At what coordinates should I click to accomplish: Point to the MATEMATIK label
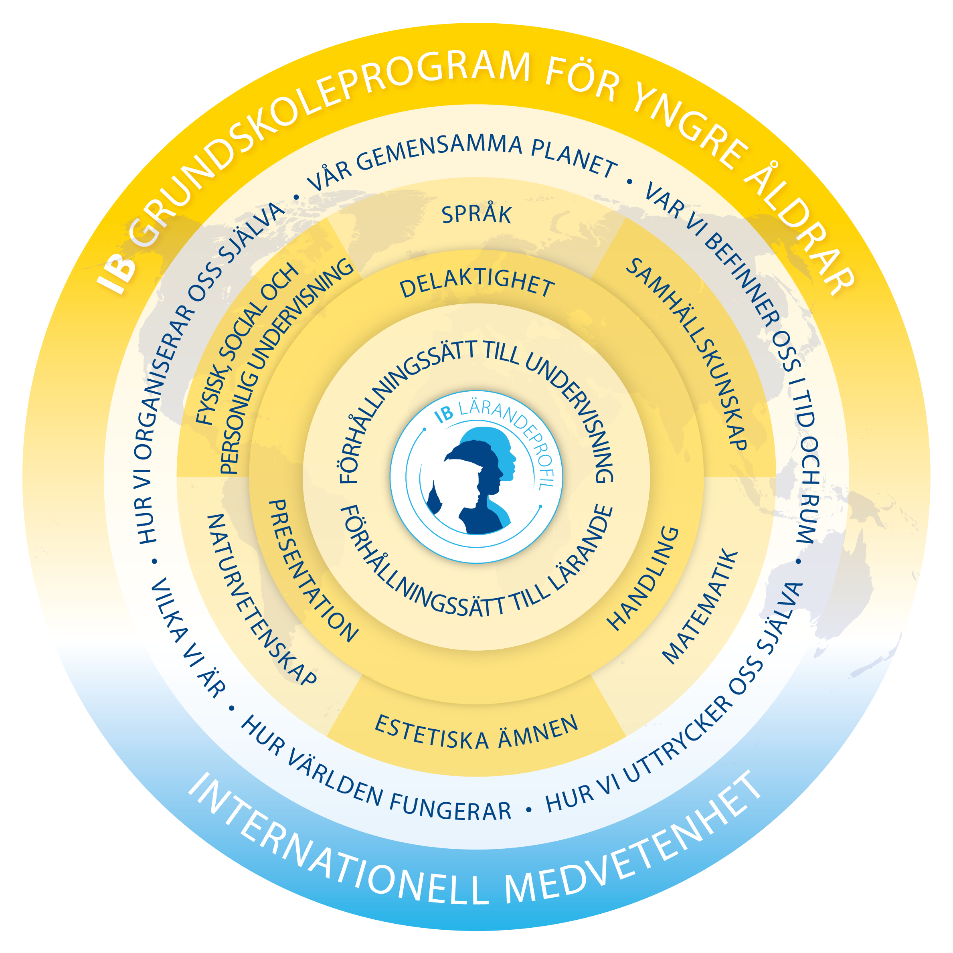coord(700,606)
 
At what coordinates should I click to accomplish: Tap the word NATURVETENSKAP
coord(259,600)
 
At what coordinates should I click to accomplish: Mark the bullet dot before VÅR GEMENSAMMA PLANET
coord(296,197)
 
